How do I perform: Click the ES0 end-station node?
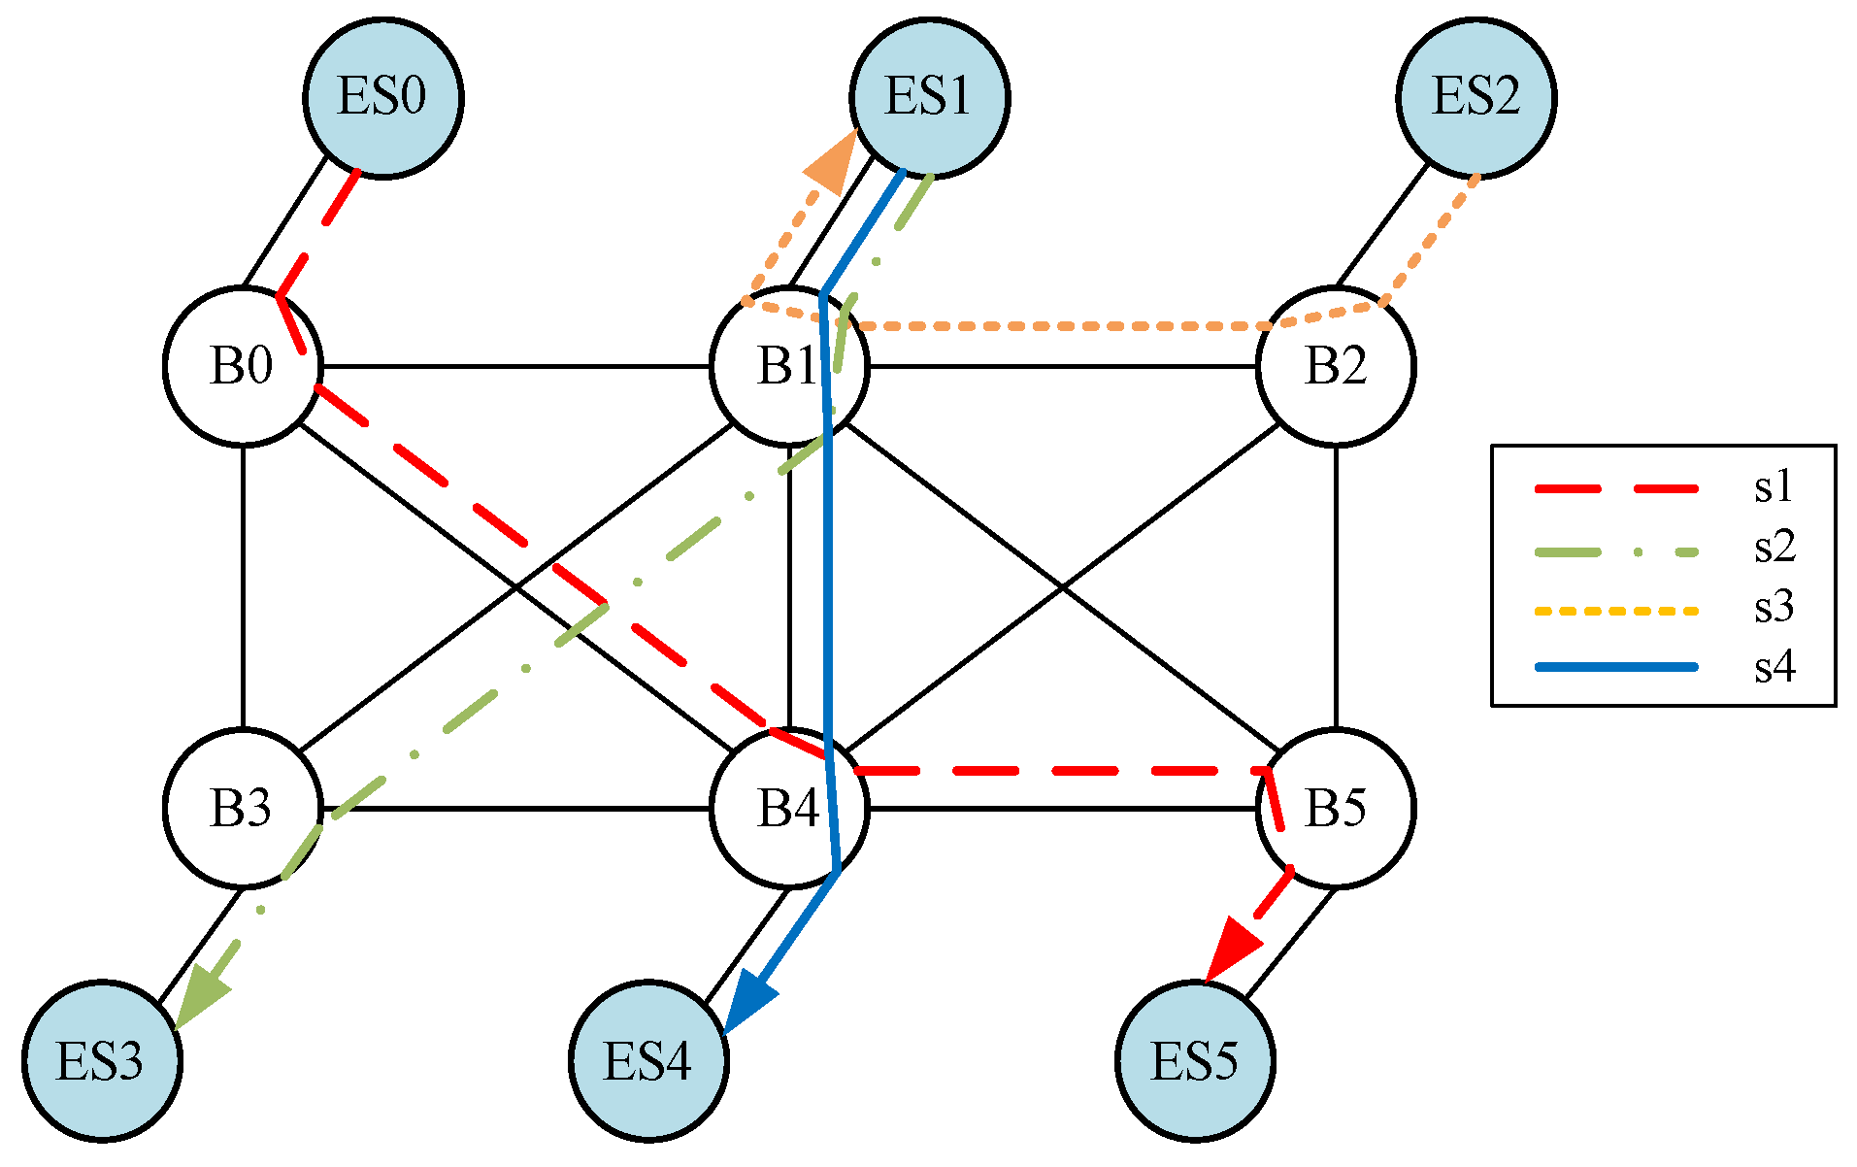tap(382, 97)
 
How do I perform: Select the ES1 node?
tap(929, 97)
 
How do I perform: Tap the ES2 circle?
tap(1476, 97)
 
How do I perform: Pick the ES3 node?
tap(101, 1060)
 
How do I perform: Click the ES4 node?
tap(647, 1060)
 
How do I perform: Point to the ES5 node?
tap(1194, 1060)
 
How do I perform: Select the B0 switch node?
tap(242, 366)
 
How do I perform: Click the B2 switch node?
tap(1336, 366)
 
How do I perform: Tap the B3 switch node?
tap(242, 808)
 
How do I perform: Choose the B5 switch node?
tap(1336, 808)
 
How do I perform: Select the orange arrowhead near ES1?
tap(831, 166)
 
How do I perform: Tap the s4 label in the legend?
tap(1774, 667)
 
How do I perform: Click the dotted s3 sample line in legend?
tap(1615, 611)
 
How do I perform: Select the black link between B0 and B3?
tap(243, 587)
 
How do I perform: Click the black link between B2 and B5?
tap(1336, 587)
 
